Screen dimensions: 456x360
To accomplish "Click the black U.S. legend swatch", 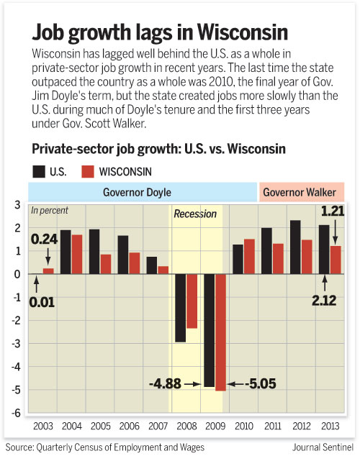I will click(x=37, y=171).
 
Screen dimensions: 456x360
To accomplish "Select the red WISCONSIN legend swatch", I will click(x=86, y=171).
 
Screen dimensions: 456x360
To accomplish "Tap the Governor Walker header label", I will click(x=302, y=192).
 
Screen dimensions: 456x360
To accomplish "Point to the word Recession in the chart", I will click(x=195, y=214).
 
